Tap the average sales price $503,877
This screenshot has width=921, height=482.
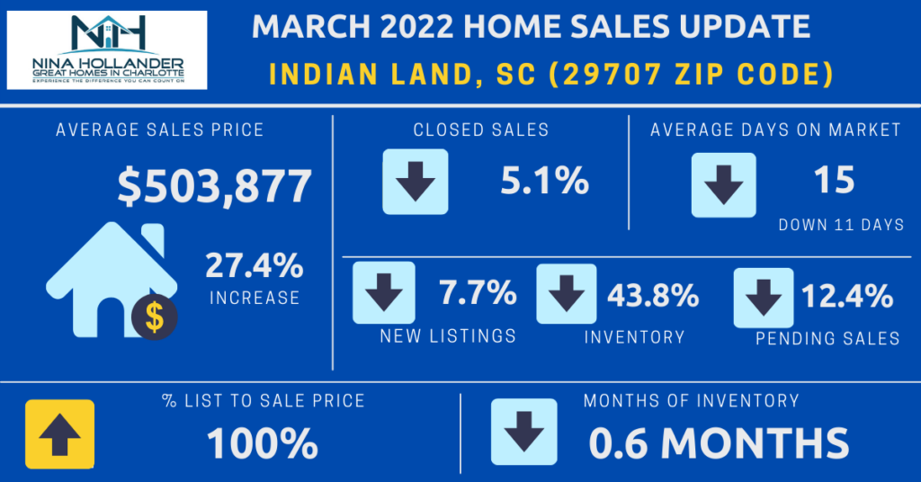[x=214, y=186]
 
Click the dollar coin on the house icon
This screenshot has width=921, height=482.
[x=154, y=316]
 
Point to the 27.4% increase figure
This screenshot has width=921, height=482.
[x=254, y=267]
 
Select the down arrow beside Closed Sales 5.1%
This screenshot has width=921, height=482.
[x=415, y=181]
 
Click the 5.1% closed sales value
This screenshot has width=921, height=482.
[x=544, y=182]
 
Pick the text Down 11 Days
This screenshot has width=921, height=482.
[x=841, y=225]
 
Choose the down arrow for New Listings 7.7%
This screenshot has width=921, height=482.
[x=384, y=292]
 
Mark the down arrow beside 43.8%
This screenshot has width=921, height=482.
[x=567, y=293]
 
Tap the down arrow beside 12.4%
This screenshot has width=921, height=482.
[x=764, y=298]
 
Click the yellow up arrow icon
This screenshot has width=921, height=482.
[x=59, y=433]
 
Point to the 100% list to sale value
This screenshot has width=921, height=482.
[x=262, y=443]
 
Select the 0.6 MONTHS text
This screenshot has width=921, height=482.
[x=719, y=443]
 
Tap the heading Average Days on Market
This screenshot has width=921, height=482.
[x=775, y=129]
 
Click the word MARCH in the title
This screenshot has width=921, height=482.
[x=307, y=27]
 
